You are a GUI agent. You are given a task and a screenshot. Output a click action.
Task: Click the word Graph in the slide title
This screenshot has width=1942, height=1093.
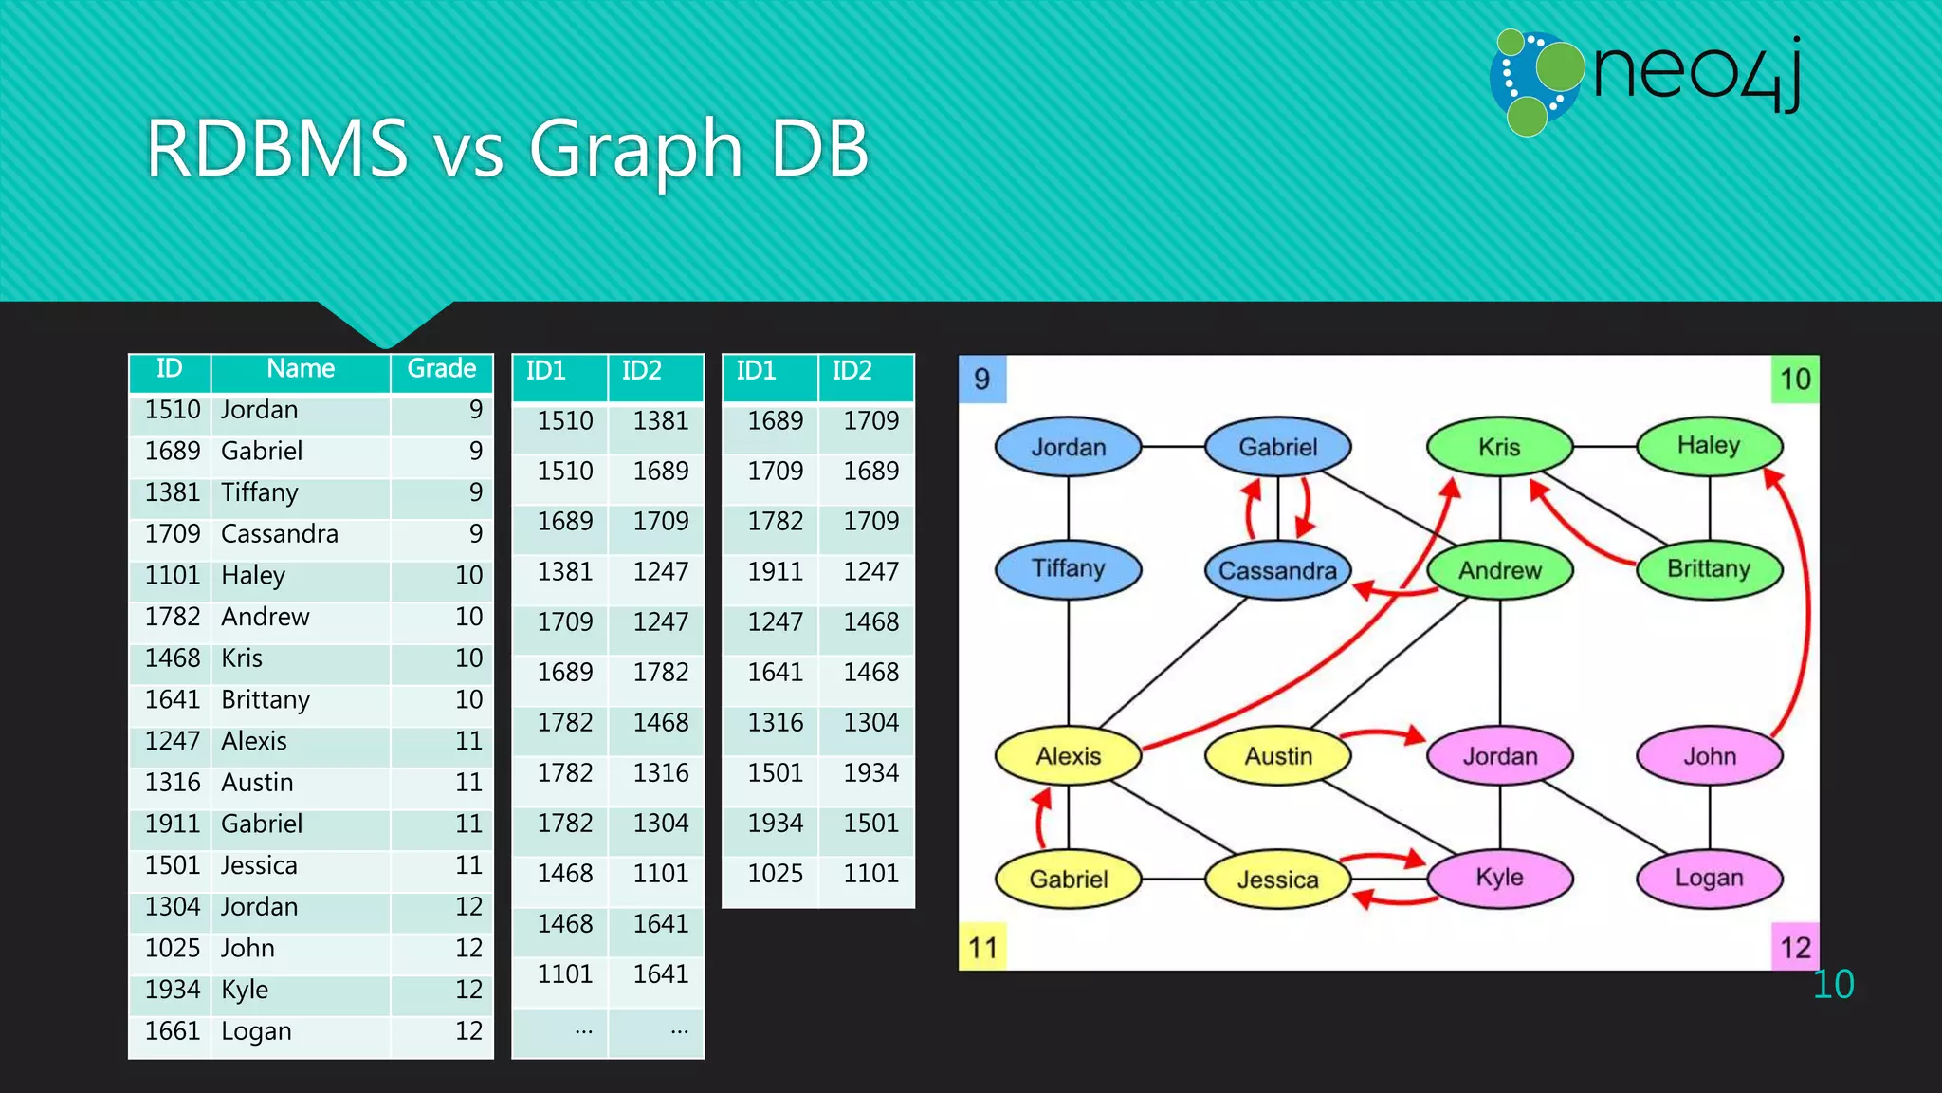[635, 150]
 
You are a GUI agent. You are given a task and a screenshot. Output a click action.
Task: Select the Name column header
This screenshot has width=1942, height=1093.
[301, 369]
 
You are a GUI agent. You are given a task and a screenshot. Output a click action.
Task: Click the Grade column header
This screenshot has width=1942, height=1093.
[441, 369]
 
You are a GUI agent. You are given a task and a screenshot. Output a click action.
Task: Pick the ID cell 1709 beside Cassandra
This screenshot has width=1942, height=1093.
[172, 534]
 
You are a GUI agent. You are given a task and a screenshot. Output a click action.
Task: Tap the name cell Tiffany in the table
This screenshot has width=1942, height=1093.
[260, 492]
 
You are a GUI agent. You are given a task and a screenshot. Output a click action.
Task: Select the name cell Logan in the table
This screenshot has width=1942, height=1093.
[256, 1031]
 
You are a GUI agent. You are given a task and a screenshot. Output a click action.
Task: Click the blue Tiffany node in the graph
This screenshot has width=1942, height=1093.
[1068, 569]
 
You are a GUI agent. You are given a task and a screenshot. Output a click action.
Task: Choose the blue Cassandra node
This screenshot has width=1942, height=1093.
[1277, 570]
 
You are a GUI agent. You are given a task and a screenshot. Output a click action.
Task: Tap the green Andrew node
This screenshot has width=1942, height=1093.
[1499, 570]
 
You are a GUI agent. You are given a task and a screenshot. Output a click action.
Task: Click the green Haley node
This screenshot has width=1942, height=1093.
[1709, 446]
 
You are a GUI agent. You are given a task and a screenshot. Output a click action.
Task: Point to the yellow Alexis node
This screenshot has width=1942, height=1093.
[1068, 756]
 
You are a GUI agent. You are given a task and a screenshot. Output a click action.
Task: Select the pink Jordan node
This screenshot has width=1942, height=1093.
[1499, 756]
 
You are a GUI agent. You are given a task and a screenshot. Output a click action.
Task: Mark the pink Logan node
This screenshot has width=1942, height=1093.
[1709, 878]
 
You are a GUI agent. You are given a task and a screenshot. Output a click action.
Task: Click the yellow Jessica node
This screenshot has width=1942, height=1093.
[1277, 880]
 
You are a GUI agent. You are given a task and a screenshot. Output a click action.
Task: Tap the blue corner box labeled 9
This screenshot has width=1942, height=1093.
[982, 380]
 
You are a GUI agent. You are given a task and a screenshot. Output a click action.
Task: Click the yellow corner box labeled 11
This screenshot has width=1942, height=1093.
[982, 947]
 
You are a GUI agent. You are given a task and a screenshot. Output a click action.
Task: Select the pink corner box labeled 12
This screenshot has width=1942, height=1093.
[1795, 947]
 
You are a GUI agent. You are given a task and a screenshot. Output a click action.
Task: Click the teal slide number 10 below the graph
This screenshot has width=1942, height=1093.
[1833, 985]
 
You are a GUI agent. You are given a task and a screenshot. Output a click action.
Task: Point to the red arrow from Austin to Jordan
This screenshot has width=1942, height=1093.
[1384, 733]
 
